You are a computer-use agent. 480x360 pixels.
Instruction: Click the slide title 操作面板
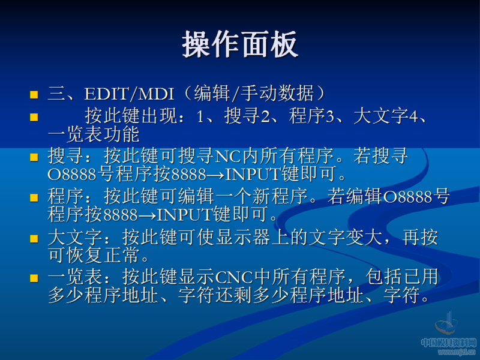(240, 45)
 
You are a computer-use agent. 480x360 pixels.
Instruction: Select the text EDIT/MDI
(129, 94)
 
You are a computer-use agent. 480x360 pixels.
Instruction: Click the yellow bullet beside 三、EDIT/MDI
(34, 95)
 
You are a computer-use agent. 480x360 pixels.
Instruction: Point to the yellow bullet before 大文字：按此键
(34, 238)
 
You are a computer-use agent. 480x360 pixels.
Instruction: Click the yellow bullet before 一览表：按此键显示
(34, 278)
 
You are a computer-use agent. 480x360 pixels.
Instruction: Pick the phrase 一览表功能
(93, 133)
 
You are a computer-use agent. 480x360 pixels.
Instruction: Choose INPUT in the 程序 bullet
(184, 214)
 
